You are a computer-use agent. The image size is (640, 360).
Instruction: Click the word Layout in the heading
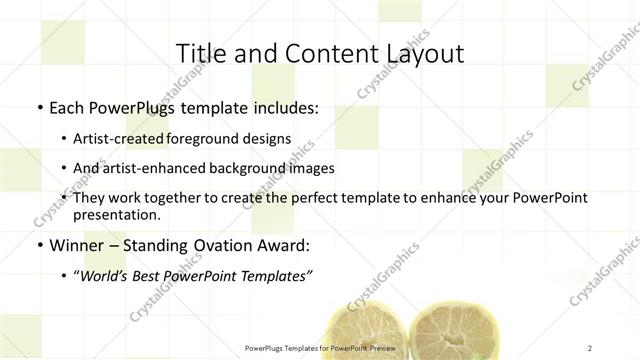click(419, 53)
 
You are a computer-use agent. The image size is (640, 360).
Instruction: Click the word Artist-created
click(119, 139)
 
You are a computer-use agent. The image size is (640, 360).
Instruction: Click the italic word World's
click(106, 277)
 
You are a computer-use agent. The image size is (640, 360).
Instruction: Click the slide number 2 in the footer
click(590, 347)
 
